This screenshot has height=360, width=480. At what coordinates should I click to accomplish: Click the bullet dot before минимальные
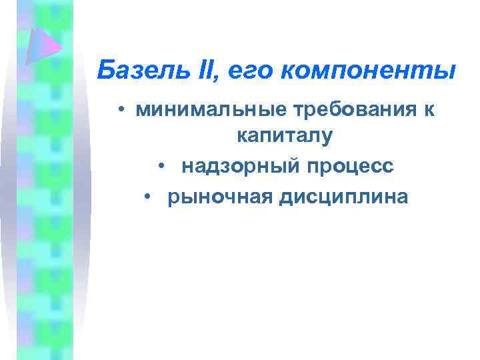125,111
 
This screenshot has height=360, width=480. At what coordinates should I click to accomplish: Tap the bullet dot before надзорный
163,167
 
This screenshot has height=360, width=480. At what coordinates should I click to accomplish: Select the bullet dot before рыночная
147,197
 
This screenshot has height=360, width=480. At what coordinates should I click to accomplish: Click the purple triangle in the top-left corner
41,45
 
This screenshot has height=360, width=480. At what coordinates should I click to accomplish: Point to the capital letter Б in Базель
105,69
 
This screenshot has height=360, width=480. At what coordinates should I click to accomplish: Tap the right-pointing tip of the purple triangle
62,47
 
